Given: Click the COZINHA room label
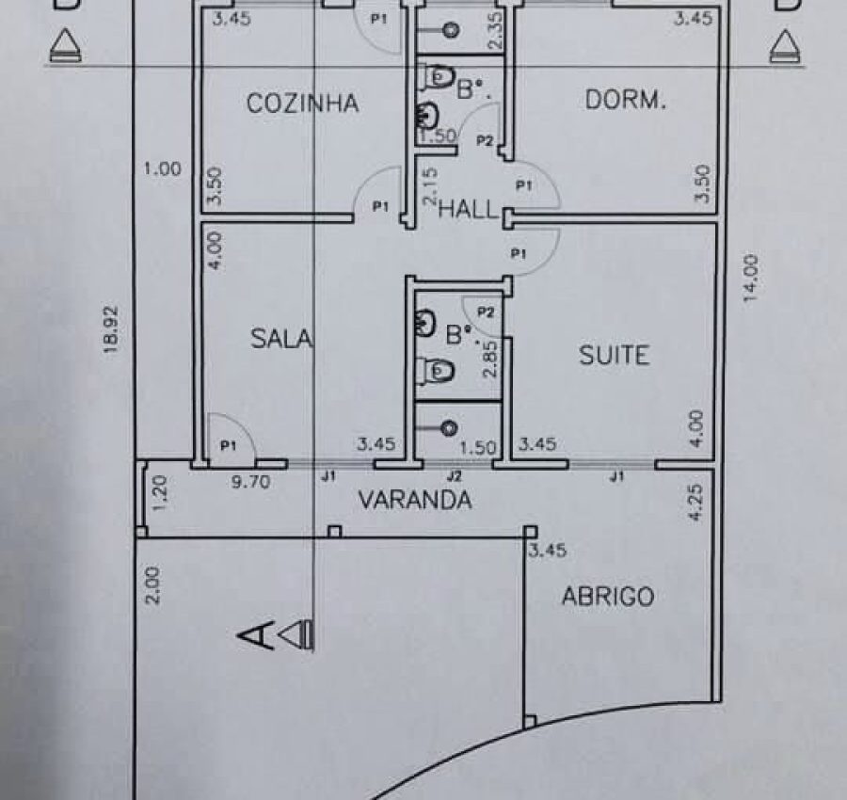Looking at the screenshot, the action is click(x=302, y=104).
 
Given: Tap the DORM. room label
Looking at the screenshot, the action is click(x=626, y=101).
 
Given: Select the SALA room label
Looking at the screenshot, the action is click(x=281, y=338).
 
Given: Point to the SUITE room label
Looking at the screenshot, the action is click(x=615, y=355).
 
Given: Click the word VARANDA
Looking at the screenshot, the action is click(x=415, y=500).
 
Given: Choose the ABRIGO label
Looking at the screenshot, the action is click(x=608, y=597).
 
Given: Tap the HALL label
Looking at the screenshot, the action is click(x=467, y=209).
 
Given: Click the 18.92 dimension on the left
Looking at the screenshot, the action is click(x=111, y=329).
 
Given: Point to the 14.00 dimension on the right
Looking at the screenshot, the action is click(x=750, y=280).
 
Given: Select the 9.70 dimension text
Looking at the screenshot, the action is click(x=250, y=481).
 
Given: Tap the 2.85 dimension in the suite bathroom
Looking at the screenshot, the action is click(x=490, y=360).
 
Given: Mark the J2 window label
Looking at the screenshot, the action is click(x=455, y=476).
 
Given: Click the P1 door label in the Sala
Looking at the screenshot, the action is click(x=229, y=445).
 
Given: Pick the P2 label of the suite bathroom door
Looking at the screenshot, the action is click(x=486, y=312).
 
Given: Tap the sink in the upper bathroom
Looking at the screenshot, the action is click(x=426, y=114).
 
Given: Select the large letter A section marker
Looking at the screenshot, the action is click(x=255, y=635).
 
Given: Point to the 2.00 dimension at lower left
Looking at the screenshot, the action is click(x=152, y=585).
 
